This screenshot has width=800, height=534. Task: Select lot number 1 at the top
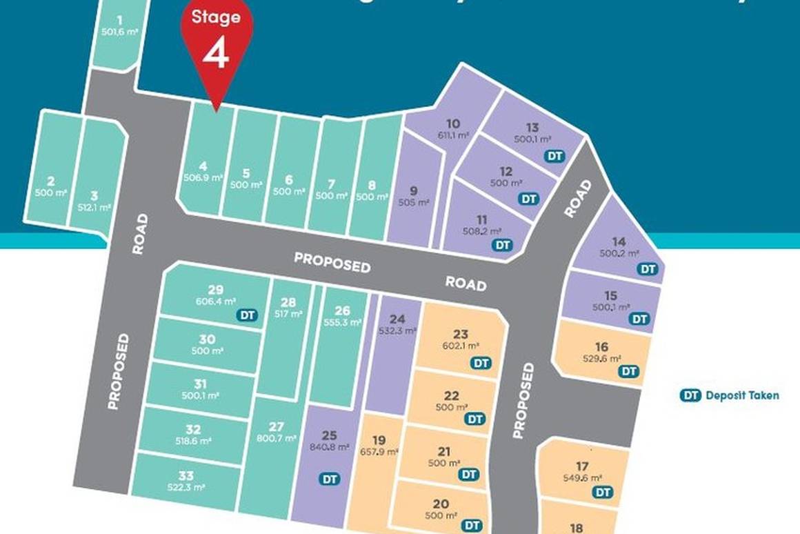tap(120, 20)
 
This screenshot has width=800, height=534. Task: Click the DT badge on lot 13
tap(554, 156)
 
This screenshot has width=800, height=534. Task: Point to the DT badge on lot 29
tap(247, 315)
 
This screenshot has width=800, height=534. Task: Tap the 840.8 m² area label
tap(329, 446)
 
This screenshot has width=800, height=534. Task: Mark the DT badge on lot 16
tap(628, 371)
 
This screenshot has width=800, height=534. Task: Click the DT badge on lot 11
tap(503, 245)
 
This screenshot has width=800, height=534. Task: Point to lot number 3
tap(94, 195)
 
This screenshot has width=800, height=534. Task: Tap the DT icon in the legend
tap(690, 395)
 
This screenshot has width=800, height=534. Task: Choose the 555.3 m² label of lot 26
tap(342, 322)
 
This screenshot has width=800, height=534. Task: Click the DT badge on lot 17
tap(603, 492)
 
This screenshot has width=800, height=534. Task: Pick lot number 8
tap(372, 185)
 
